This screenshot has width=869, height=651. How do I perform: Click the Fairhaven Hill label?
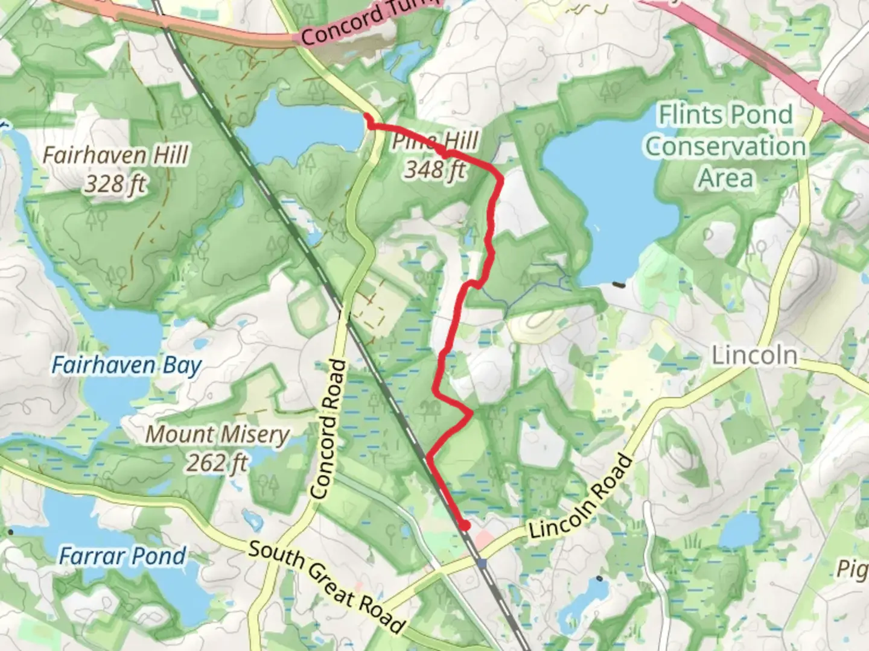point(115,155)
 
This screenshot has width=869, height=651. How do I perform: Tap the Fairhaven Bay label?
point(126,365)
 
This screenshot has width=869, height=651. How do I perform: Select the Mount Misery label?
point(217,434)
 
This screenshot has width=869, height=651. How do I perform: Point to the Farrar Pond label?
point(122,556)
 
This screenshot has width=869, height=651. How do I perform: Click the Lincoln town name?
point(754,355)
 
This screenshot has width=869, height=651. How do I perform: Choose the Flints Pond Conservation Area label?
point(725,146)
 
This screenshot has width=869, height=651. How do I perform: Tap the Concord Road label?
point(329,429)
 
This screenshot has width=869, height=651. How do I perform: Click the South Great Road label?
point(326,585)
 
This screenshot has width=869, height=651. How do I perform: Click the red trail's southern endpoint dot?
point(464,526)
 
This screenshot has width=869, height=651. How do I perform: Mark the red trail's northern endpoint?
point(367,116)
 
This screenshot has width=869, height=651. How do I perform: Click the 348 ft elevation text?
point(434,171)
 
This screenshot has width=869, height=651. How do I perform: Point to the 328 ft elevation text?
point(115,183)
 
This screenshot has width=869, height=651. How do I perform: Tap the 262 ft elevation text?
point(216,463)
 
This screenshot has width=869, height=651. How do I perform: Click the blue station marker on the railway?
point(482,564)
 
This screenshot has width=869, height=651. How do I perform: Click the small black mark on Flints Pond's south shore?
point(618,284)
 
